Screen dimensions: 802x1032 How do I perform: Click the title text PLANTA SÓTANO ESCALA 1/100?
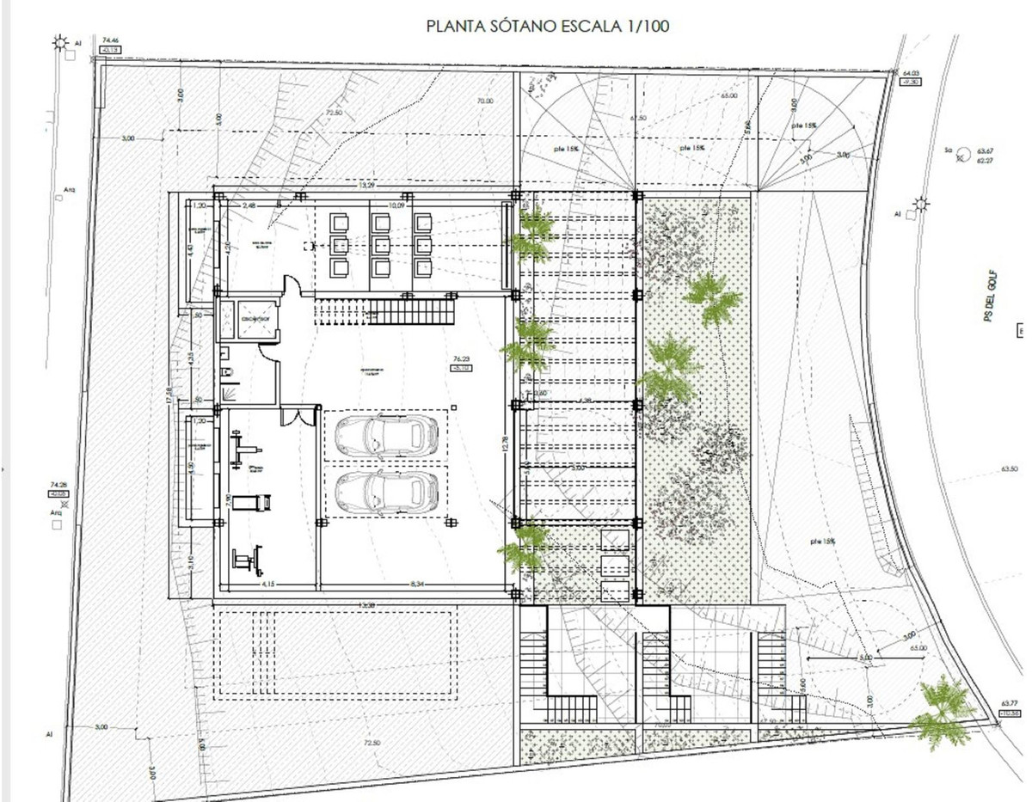pos(548,27)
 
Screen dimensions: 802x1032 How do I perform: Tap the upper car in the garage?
pos(384,435)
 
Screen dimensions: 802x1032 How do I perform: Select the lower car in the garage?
pos(384,490)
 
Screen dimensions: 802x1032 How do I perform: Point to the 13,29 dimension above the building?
pos(367,185)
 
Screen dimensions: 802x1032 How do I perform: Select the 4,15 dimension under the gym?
pos(267,586)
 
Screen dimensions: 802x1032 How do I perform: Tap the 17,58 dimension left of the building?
pos(171,395)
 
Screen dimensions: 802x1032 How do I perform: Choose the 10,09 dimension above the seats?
pos(396,205)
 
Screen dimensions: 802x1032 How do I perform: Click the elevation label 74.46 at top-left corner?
pos(109,40)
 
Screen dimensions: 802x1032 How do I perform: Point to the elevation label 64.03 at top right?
pos(911,74)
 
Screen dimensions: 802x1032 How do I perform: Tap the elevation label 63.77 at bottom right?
pos(1010,702)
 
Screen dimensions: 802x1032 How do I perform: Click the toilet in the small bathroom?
pos(225,370)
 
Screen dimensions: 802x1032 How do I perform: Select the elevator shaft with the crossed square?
pos(255,320)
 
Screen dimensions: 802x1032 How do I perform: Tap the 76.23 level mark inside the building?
pos(461,358)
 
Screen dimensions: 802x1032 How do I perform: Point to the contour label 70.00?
pos(484,101)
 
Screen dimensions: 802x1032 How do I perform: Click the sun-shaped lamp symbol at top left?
pos(60,41)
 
